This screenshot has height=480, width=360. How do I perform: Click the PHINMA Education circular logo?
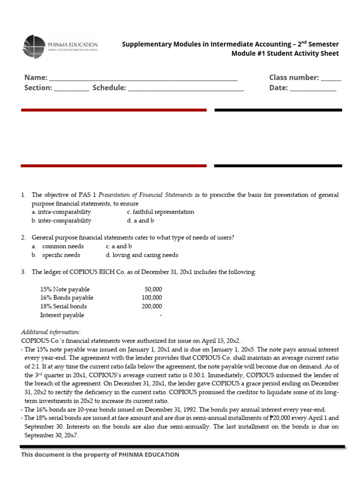(34, 46)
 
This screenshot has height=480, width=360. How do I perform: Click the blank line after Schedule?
(186, 89)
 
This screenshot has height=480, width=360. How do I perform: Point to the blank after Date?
(313, 89)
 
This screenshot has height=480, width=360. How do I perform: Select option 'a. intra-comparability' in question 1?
(61, 212)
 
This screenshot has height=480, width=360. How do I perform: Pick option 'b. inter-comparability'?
(61, 221)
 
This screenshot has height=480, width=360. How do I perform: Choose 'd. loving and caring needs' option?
(142, 255)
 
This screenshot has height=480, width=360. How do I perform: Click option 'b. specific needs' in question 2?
(56, 255)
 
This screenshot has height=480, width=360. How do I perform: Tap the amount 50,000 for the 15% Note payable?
(153, 290)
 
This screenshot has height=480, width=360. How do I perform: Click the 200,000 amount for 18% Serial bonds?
(152, 307)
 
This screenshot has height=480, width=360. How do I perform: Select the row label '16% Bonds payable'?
(67, 298)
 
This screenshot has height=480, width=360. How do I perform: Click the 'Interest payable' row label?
(62, 315)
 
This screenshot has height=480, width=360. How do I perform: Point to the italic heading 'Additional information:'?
(51, 332)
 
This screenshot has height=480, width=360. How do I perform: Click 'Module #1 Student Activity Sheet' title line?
(285, 53)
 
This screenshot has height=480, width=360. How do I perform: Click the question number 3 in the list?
(23, 272)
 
